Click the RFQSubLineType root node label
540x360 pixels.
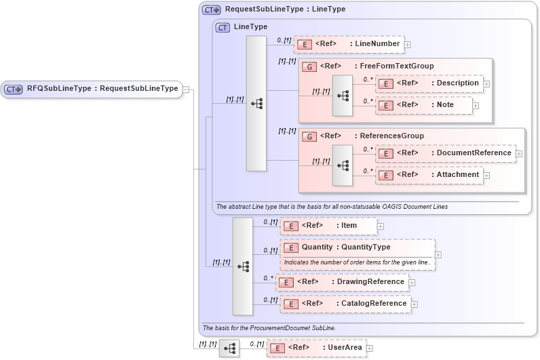pos(102,89)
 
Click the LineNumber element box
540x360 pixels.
pos(349,44)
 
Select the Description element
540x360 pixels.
pos(430,83)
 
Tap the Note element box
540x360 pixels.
pos(423,105)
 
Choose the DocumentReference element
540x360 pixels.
pos(445,153)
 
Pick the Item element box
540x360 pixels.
pos(328,226)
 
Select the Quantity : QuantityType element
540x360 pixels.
pos(356,247)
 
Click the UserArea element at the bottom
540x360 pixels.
pos(316,348)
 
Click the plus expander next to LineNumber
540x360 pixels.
pos(408,45)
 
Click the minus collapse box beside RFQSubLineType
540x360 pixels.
pos(187,89)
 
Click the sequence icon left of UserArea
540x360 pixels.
pos(229,348)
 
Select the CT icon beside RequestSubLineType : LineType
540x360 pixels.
pos(212,10)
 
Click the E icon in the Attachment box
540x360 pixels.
pos(385,175)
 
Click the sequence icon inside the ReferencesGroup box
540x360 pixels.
pos(343,165)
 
